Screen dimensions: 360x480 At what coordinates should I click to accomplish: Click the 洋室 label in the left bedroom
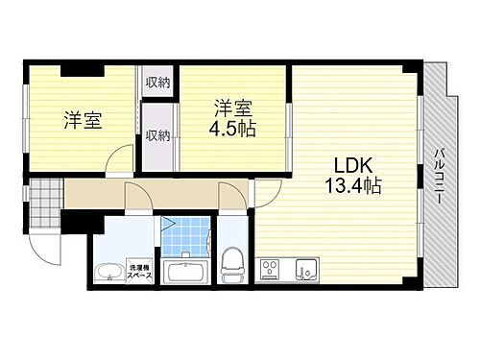click(84, 121)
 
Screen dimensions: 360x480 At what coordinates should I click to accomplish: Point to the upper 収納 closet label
click(157, 83)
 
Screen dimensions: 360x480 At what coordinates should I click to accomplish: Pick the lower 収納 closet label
click(157, 135)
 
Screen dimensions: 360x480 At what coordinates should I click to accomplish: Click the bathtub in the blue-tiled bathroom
click(185, 272)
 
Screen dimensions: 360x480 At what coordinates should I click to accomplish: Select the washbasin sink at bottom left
click(109, 272)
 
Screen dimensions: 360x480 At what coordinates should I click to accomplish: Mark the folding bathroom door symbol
click(169, 228)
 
